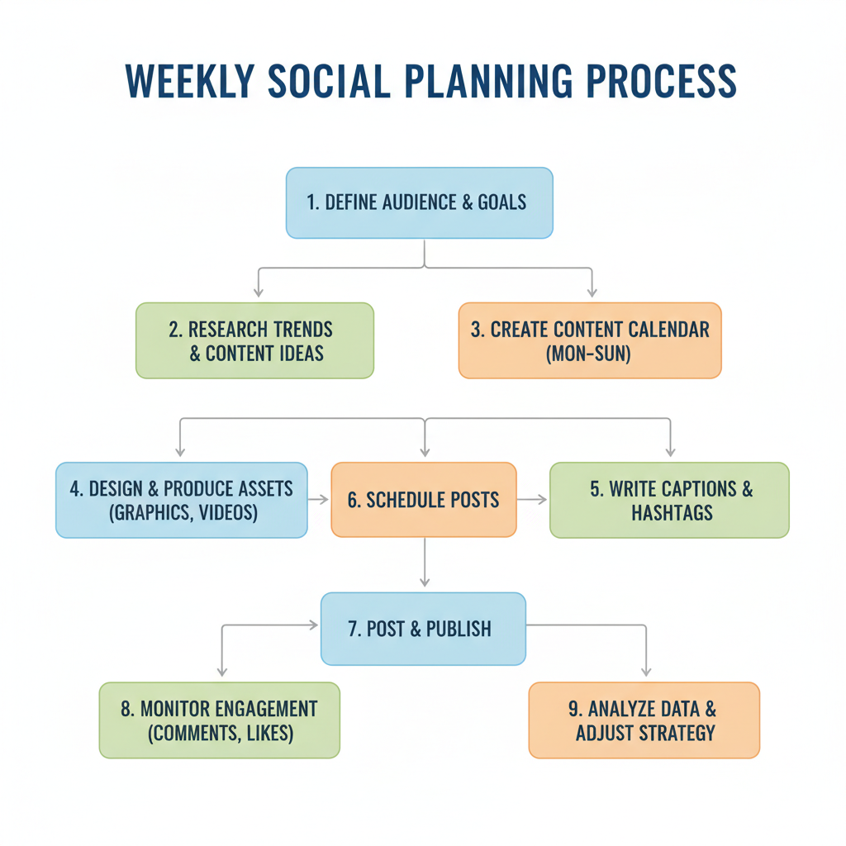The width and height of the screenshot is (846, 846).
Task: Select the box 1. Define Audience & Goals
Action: pyautogui.click(x=419, y=203)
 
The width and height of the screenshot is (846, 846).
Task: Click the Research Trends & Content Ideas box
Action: pyautogui.click(x=254, y=340)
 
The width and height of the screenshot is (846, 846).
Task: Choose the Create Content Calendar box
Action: pyautogui.click(x=590, y=340)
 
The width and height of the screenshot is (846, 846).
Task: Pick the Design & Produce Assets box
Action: pyautogui.click(x=181, y=500)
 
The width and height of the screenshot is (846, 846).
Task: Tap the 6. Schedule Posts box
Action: pyautogui.click(x=423, y=500)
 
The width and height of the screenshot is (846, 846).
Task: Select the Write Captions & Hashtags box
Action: pyautogui.click(x=669, y=500)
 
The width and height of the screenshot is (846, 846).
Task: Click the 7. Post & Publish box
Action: pyautogui.click(x=422, y=629)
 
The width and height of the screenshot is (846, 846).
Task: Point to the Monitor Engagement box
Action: pyautogui.click(x=219, y=720)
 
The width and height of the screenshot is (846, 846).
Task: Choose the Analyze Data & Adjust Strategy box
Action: pyautogui.click(x=644, y=720)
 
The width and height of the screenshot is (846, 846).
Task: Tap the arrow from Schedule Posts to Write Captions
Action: pyautogui.click(x=533, y=500)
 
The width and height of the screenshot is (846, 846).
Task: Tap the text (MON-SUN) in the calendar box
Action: pyautogui.click(x=590, y=354)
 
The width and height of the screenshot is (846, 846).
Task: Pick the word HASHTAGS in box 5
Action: pyautogui.click(x=672, y=513)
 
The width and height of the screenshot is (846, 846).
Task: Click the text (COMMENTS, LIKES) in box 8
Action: pyautogui.click(x=219, y=733)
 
